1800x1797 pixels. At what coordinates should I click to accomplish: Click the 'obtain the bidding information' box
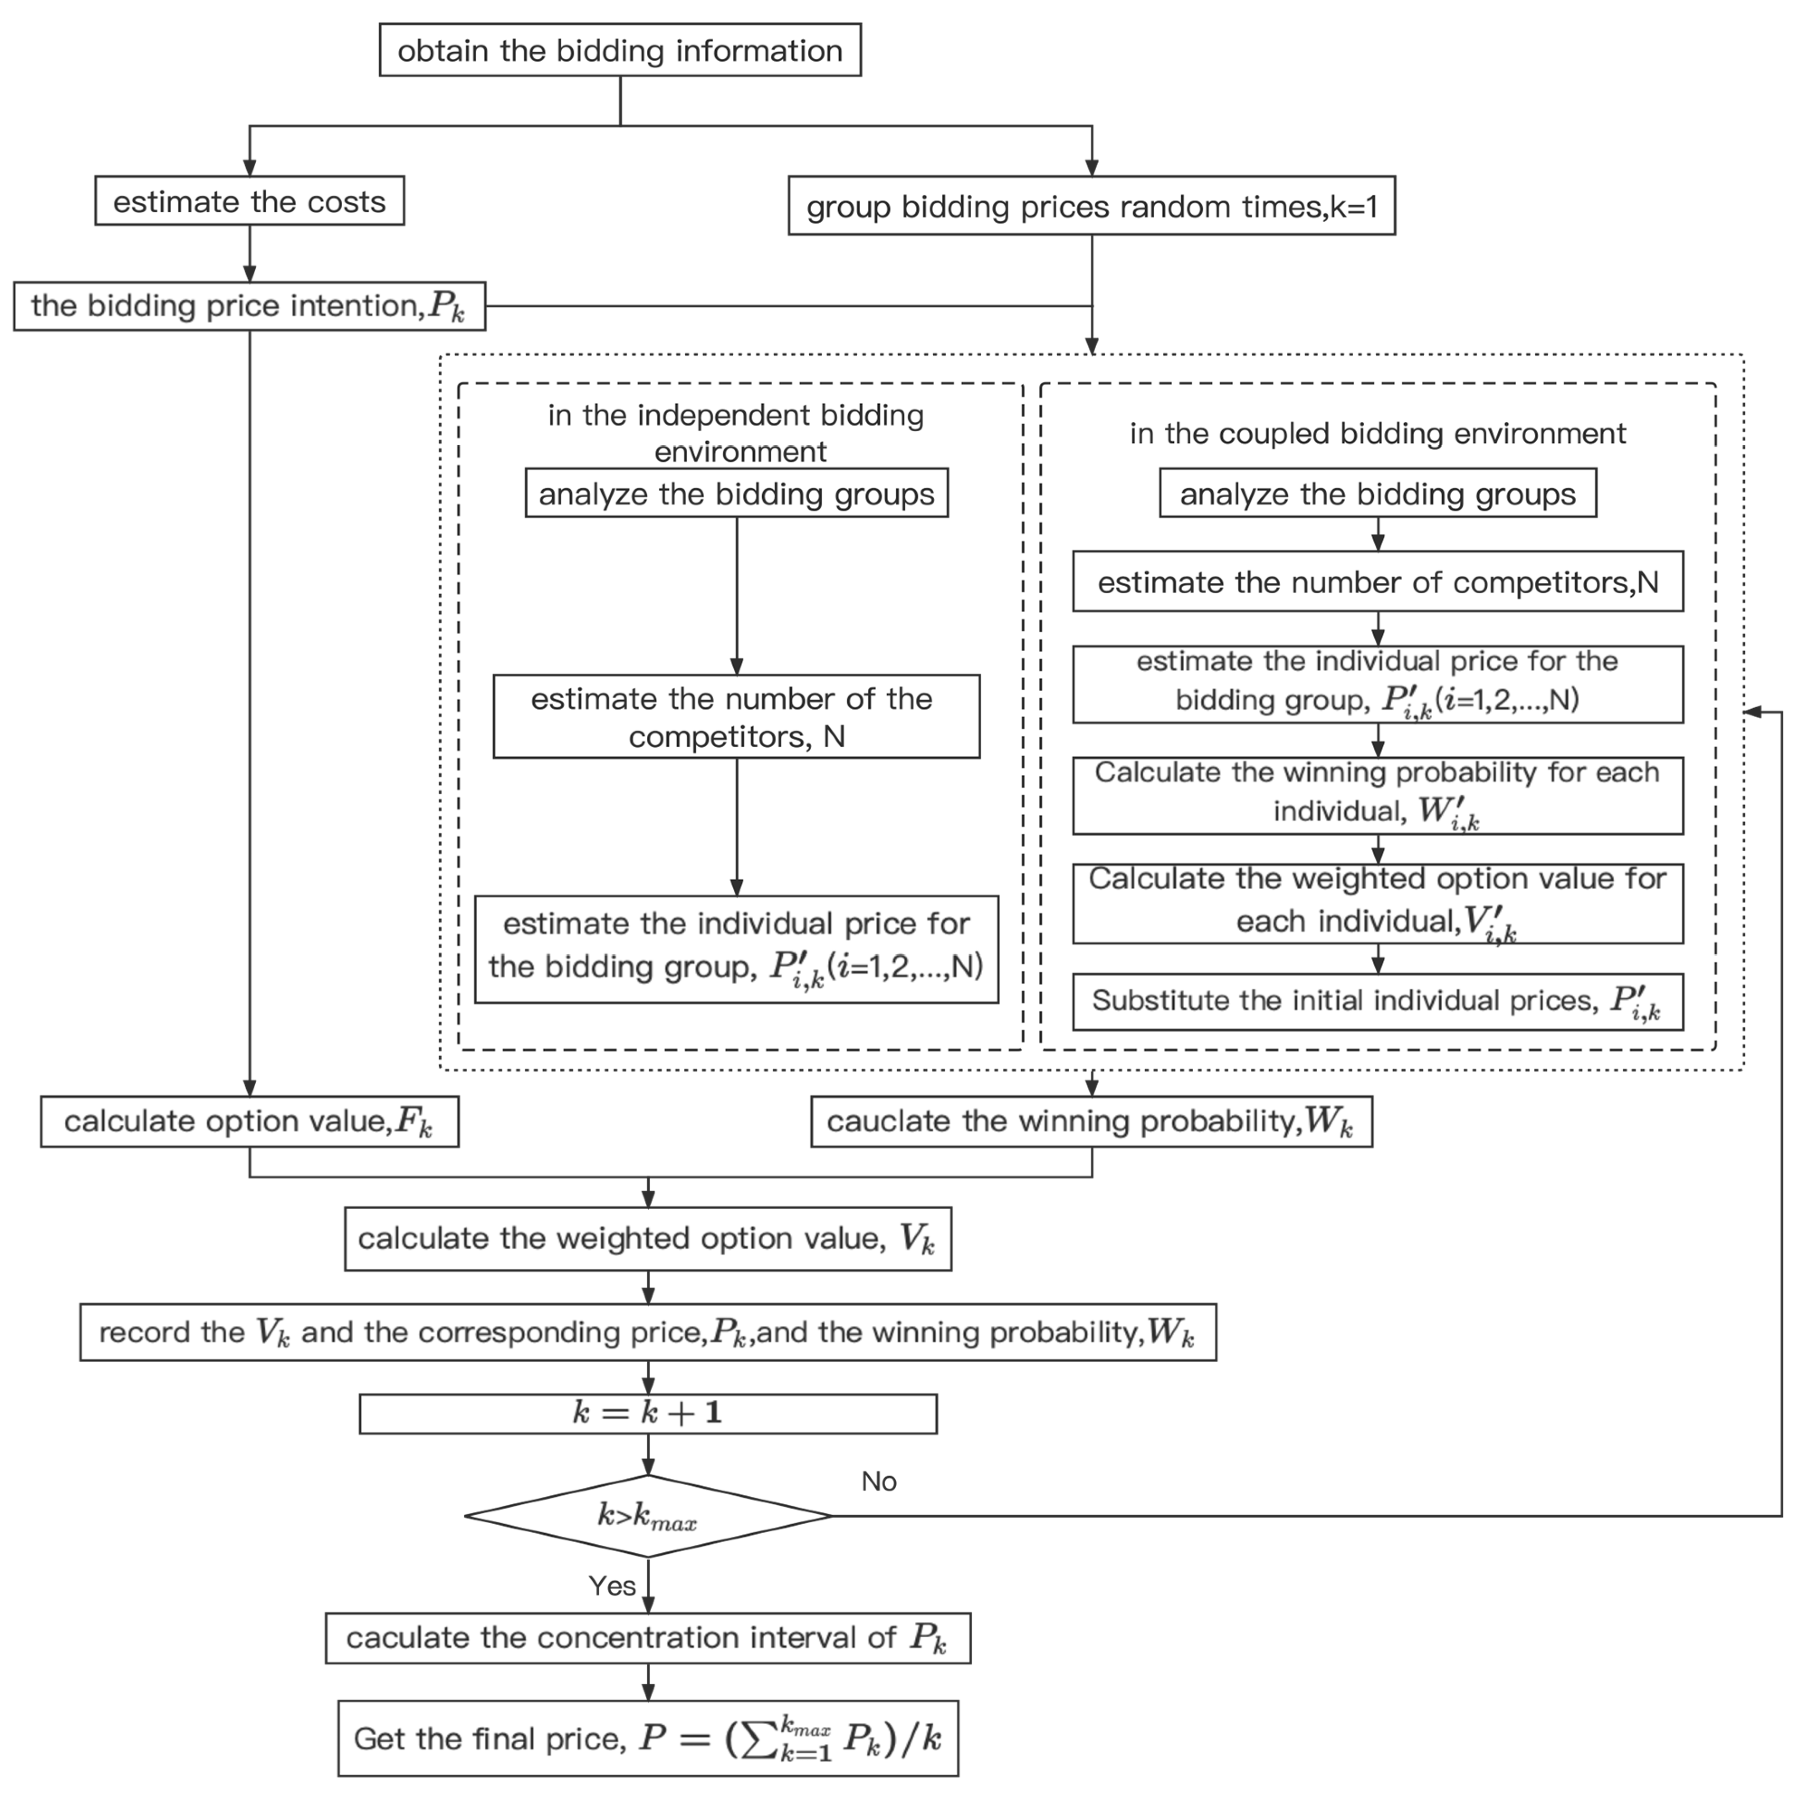(620, 50)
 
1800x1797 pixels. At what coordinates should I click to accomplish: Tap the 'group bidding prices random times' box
(1091, 206)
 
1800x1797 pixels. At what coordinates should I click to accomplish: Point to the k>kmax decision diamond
(648, 1516)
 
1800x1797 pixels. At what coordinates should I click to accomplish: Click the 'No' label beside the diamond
(879, 1481)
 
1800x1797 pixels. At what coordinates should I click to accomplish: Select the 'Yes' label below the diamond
(612, 1586)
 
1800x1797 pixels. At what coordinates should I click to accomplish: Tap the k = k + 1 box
(648, 1413)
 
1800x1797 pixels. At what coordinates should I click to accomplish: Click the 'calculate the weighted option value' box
(648, 1238)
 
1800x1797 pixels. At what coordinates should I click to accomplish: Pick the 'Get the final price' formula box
(648, 1738)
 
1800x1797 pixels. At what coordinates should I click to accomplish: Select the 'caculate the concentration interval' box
(648, 1638)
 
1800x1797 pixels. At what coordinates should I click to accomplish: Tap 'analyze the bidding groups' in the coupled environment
(1377, 494)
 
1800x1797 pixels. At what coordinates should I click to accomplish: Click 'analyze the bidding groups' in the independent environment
(736, 494)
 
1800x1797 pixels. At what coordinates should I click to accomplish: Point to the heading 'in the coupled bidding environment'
(1377, 433)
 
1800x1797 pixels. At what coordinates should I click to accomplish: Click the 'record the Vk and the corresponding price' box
(648, 1332)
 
